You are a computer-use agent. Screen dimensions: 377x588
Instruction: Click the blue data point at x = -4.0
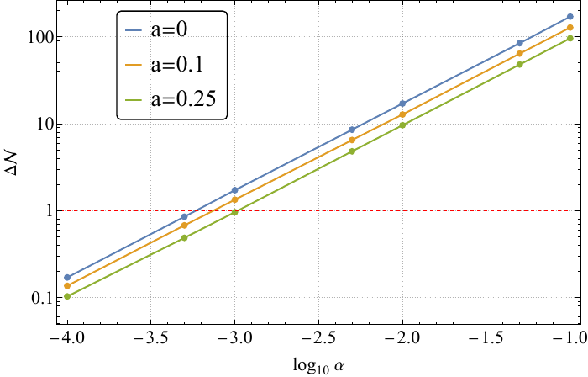(67, 277)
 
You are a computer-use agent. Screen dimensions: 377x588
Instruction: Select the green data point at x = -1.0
(570, 39)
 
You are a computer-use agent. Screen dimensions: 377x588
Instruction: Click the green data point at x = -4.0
(67, 296)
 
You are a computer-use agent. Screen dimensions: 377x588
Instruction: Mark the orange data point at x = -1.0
(570, 28)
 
